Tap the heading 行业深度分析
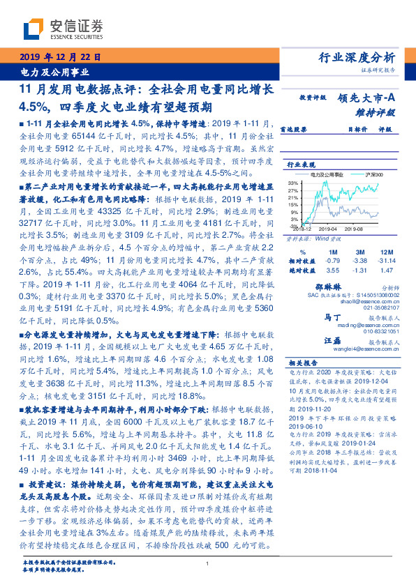(366, 58)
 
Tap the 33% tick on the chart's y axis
(292, 183)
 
